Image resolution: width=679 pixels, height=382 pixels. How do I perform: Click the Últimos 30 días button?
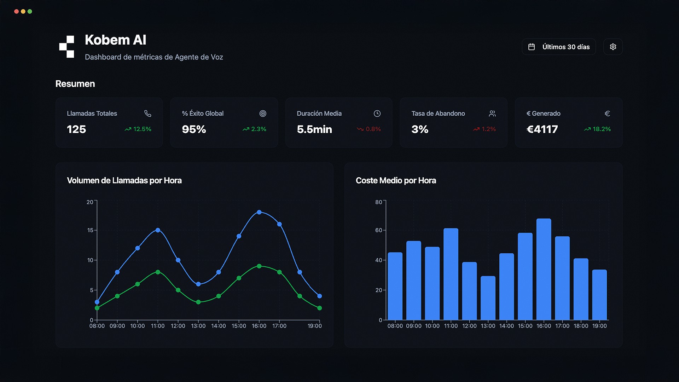coord(559,47)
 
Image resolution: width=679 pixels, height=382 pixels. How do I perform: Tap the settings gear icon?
coord(613,47)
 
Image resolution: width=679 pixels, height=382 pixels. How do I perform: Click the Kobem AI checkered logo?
coord(66,47)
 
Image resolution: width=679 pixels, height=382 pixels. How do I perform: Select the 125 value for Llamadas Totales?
coord(76,129)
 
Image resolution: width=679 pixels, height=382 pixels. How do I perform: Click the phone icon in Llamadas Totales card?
coord(148,114)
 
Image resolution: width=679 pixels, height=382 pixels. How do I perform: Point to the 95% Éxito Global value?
coord(194,129)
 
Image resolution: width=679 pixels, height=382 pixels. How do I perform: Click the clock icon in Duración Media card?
coord(377,114)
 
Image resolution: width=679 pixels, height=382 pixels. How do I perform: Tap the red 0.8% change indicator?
coord(369,129)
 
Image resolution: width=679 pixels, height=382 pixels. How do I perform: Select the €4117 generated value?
coord(542,129)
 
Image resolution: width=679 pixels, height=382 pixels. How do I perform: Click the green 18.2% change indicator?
coord(597,129)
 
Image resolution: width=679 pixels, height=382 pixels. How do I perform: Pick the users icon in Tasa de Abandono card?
coord(492,114)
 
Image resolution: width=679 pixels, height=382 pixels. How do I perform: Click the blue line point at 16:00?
coord(259,212)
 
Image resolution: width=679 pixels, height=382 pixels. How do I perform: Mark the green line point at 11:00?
coord(158,272)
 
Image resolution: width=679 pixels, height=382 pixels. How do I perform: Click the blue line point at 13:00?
coord(198,284)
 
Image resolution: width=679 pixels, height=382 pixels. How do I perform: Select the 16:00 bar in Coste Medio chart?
coord(544,269)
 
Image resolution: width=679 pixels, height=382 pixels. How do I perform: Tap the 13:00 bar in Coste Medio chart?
coord(488,298)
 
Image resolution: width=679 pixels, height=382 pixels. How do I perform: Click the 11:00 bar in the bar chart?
coord(451,274)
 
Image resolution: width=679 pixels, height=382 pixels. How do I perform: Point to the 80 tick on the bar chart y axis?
coord(378,202)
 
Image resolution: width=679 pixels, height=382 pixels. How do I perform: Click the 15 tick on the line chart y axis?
coord(90,230)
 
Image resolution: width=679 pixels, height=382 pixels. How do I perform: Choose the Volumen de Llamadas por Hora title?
coord(124,180)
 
